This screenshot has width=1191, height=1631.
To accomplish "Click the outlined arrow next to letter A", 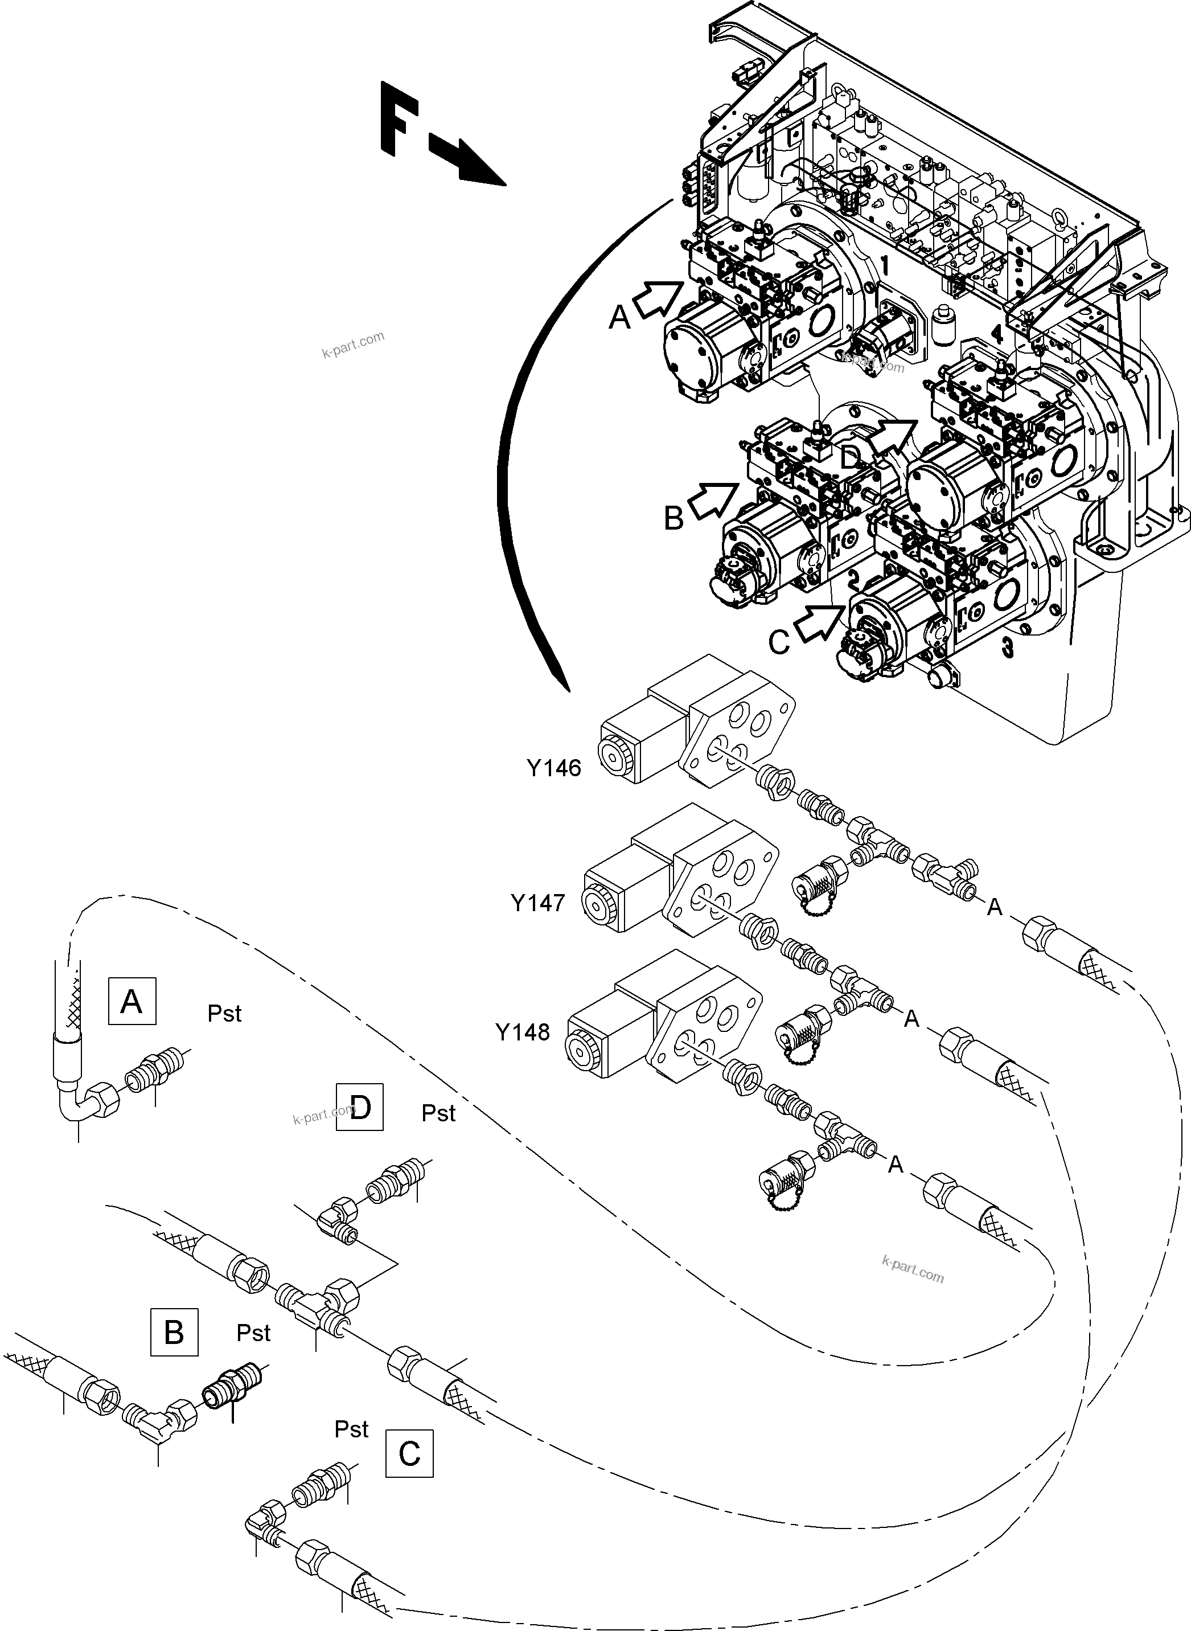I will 658,298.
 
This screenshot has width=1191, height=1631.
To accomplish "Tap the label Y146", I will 554,769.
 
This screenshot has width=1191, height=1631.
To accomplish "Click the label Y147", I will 538,902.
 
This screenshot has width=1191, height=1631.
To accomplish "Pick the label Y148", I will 523,1032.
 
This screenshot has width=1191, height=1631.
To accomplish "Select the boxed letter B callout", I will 174,1333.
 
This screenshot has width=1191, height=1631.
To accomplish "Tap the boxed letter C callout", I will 409,1453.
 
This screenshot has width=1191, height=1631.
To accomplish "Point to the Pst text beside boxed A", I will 224,1014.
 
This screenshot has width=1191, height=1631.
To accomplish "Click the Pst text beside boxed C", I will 351,1429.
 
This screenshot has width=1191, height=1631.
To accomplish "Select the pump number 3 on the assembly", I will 1007,648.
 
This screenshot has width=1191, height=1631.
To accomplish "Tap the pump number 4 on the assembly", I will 996,334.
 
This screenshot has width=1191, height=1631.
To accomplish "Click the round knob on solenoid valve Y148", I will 580,1050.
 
